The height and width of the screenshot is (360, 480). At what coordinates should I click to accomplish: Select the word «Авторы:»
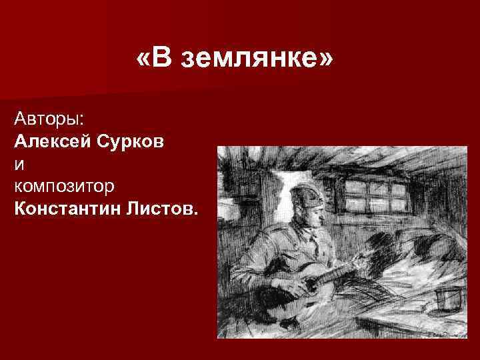(49, 121)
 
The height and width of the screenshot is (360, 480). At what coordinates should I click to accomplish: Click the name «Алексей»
(52, 141)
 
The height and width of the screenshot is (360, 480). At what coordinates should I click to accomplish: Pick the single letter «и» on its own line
(18, 162)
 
